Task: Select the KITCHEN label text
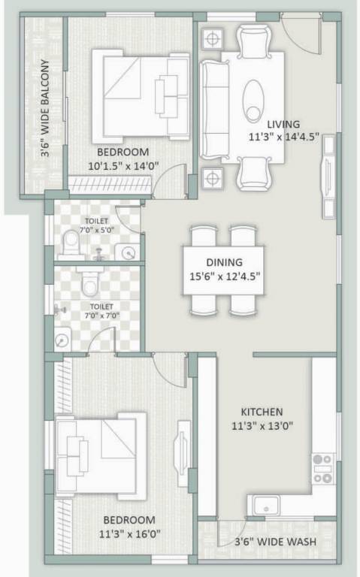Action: click(x=262, y=412)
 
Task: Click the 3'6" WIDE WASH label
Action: click(x=274, y=542)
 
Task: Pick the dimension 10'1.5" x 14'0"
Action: click(x=117, y=165)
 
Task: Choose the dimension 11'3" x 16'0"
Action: click(x=129, y=534)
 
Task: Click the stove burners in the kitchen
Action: click(x=323, y=467)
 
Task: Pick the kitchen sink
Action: click(x=267, y=505)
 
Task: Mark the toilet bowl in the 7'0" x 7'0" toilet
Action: click(x=91, y=284)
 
